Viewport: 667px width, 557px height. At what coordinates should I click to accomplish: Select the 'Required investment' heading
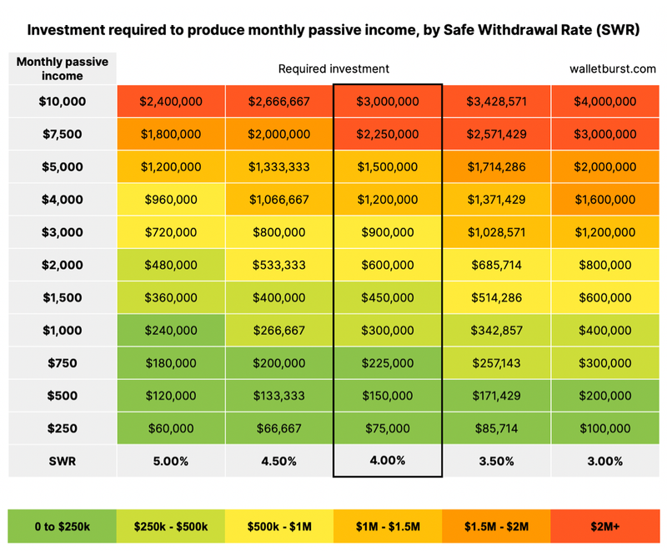pyautogui.click(x=333, y=69)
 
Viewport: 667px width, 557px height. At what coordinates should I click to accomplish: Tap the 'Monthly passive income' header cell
pyautogui.click(x=63, y=68)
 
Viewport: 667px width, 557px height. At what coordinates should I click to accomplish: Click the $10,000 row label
pyautogui.click(x=63, y=102)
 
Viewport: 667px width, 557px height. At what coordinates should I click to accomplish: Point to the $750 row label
pyautogui.click(x=63, y=363)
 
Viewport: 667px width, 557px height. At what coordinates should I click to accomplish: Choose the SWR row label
pyautogui.click(x=63, y=460)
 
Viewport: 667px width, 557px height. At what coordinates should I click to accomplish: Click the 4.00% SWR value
pyautogui.click(x=388, y=460)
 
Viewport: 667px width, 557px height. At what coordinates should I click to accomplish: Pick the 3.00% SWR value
pyautogui.click(x=604, y=460)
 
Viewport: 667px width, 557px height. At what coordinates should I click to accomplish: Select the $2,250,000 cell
pyautogui.click(x=388, y=134)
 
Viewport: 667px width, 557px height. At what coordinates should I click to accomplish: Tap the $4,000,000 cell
pyautogui.click(x=604, y=102)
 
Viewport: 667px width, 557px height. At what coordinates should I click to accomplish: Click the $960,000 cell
pyautogui.click(x=171, y=200)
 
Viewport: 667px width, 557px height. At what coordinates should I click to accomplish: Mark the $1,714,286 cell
pyautogui.click(x=496, y=167)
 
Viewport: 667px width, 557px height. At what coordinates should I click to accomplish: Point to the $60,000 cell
pyautogui.click(x=171, y=428)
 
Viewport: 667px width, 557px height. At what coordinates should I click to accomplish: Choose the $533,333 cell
pyautogui.click(x=279, y=266)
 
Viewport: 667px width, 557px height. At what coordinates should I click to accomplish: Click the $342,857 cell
pyautogui.click(x=496, y=331)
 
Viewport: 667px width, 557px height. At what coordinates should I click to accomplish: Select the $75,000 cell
pyautogui.click(x=388, y=428)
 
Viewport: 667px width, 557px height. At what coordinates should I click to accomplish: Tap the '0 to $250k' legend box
pyautogui.click(x=63, y=526)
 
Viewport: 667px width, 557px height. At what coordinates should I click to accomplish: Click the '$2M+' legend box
pyautogui.click(x=604, y=526)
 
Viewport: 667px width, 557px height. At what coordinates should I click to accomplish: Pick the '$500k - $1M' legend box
pyautogui.click(x=279, y=526)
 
